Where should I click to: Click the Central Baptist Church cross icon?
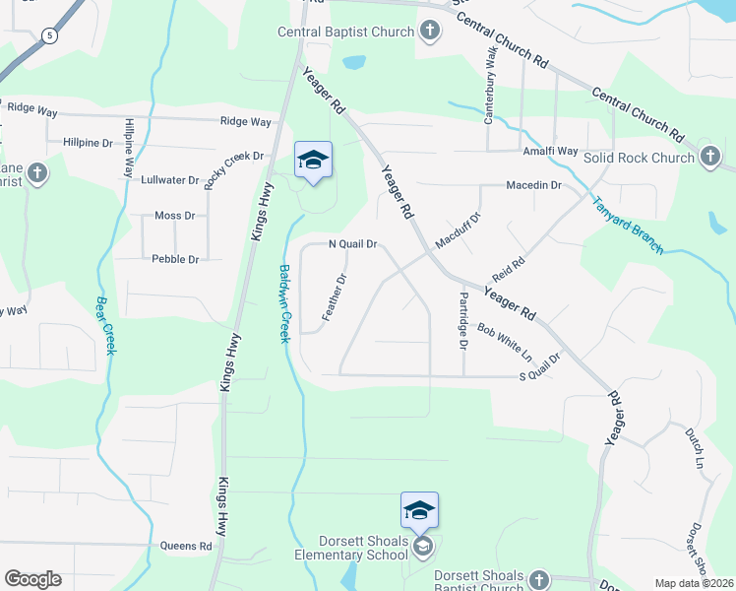pos(429,32)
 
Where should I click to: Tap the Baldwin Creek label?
pos(283,302)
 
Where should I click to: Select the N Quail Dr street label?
pos(352,244)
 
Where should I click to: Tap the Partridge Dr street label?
pos(463,319)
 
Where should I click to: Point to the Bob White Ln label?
pos(504,341)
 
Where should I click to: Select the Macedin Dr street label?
pos(533,185)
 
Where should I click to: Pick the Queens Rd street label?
pos(192,546)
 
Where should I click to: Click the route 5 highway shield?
pos(49,35)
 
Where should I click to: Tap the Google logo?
pos(32,578)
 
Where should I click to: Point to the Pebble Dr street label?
pos(175,259)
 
